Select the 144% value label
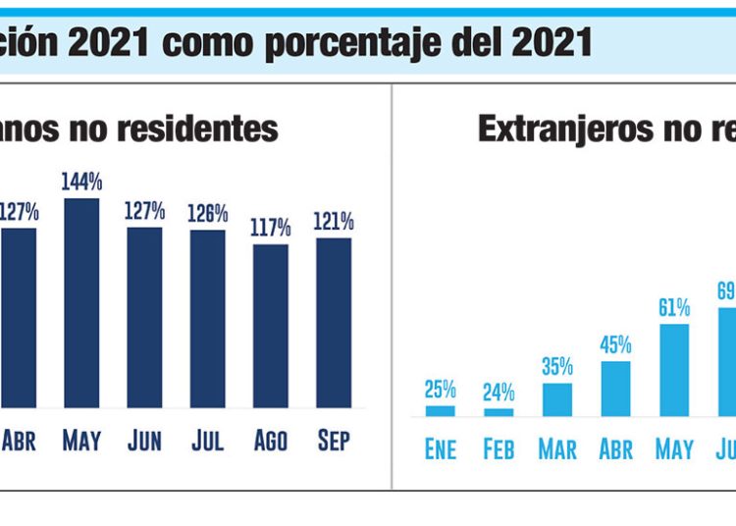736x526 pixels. click(81, 183)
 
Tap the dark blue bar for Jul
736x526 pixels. click(208, 318)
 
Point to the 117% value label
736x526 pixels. click(271, 228)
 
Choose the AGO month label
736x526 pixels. click(271, 442)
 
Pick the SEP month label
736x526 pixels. click(334, 442)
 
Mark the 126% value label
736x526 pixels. click(208, 213)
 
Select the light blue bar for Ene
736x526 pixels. click(440, 410)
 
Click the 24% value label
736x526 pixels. click(499, 392)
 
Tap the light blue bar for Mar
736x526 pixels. click(557, 398)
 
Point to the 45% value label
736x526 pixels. click(615, 345)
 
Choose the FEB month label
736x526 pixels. click(499, 450)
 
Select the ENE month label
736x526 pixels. click(440, 450)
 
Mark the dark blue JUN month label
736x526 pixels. click(144, 442)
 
